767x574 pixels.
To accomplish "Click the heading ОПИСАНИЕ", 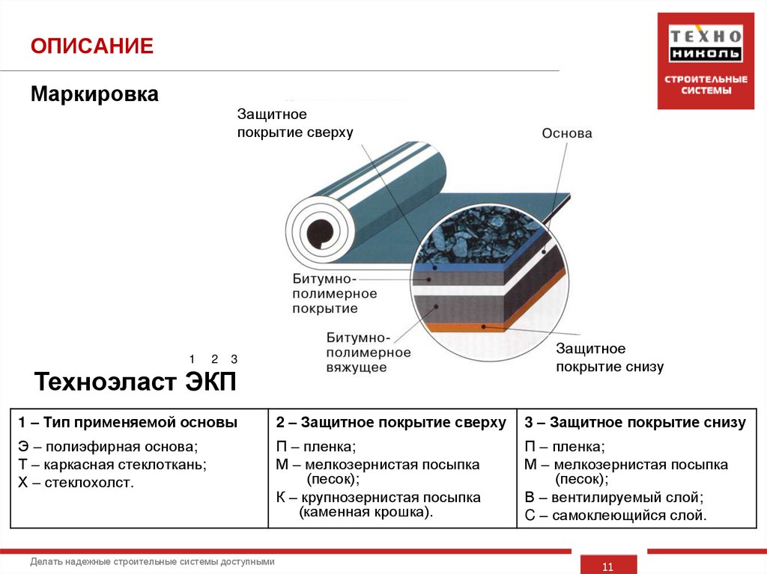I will point(91,46).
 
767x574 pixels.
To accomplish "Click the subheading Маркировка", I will point(94,95).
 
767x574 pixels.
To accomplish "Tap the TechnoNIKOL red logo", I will point(705,61).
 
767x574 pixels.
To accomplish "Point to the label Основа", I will point(567,134).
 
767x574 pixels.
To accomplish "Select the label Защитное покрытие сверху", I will point(294,123).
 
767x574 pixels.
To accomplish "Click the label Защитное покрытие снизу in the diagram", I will point(609,358).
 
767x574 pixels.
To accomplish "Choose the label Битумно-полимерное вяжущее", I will point(368,352).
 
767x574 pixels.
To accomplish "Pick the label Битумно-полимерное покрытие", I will point(334,293).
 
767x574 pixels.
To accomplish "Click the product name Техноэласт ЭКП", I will point(136,382).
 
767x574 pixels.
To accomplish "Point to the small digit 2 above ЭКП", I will point(214,358).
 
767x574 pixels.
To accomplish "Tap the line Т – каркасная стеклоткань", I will point(112,465).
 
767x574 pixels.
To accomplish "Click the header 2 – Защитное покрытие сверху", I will point(391,423).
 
